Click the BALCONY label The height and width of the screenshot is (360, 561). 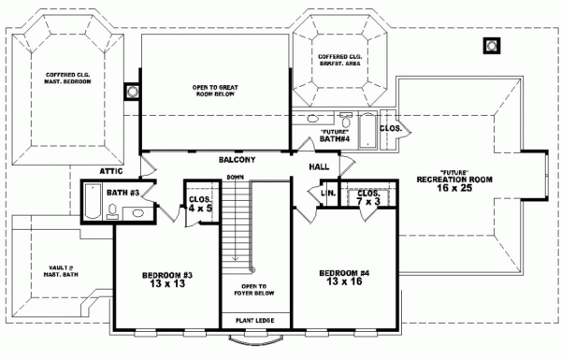click(x=237, y=160)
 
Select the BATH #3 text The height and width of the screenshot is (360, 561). click(x=122, y=193)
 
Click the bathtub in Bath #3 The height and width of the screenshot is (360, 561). click(x=92, y=201)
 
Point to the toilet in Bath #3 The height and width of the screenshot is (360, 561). click(x=137, y=213)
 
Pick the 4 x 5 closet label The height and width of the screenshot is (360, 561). click(x=199, y=204)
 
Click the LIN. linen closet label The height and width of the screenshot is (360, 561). click(x=328, y=194)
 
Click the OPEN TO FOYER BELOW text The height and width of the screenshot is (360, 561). click(x=252, y=294)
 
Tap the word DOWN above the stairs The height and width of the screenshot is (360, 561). click(x=235, y=177)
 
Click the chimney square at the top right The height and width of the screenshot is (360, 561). click(x=491, y=44)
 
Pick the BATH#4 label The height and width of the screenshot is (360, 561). click(x=334, y=137)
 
